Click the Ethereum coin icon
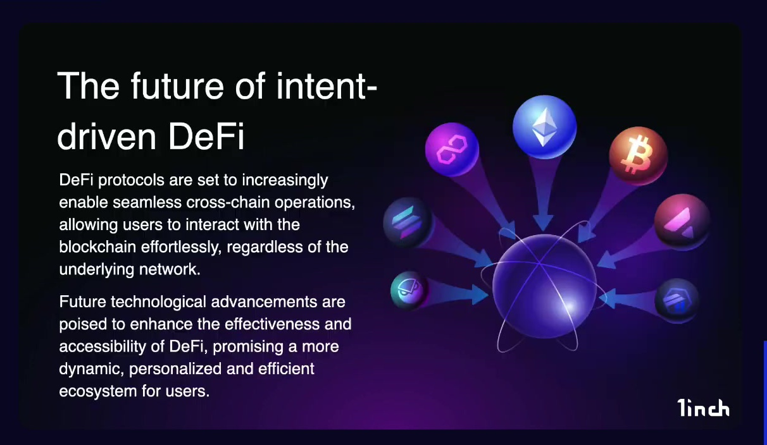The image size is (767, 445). coord(544,127)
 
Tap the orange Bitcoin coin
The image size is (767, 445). coord(639,156)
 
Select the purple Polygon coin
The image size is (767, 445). coord(452,149)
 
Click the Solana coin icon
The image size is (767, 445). coord(408,222)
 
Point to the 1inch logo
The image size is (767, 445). coord(703,408)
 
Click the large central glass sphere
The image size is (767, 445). coord(544,286)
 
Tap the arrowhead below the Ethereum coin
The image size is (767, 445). coord(544,222)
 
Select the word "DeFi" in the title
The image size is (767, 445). coord(206,137)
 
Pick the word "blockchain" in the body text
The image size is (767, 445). coord(97,247)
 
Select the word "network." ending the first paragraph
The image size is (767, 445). coord(170,269)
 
